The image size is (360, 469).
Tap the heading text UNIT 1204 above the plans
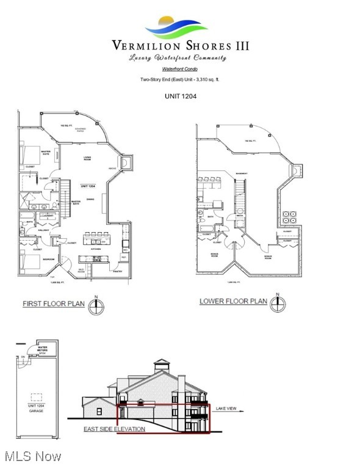(x=179, y=96)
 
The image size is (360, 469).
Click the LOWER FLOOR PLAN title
(x=233, y=301)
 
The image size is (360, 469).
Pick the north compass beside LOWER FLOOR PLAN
(x=278, y=304)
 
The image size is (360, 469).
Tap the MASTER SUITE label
(x=29, y=152)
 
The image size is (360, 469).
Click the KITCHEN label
(x=96, y=249)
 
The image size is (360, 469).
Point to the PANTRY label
(x=117, y=271)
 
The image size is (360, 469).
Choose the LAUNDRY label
(x=47, y=216)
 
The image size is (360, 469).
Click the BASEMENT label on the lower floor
(x=242, y=173)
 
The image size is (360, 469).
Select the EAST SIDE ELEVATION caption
(x=114, y=429)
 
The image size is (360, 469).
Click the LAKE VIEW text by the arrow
(x=227, y=408)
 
